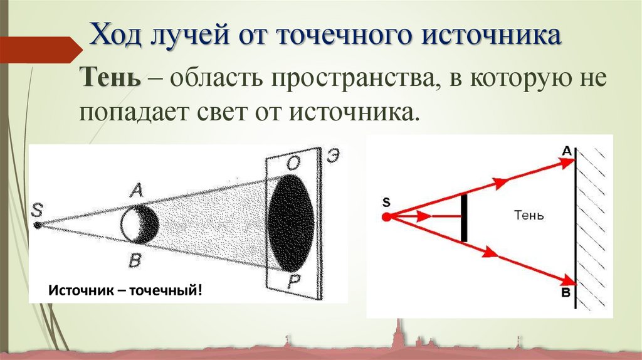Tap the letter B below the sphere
134,260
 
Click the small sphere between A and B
140,224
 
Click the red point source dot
386,216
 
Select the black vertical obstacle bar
464,218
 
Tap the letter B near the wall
566,292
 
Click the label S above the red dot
386,202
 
